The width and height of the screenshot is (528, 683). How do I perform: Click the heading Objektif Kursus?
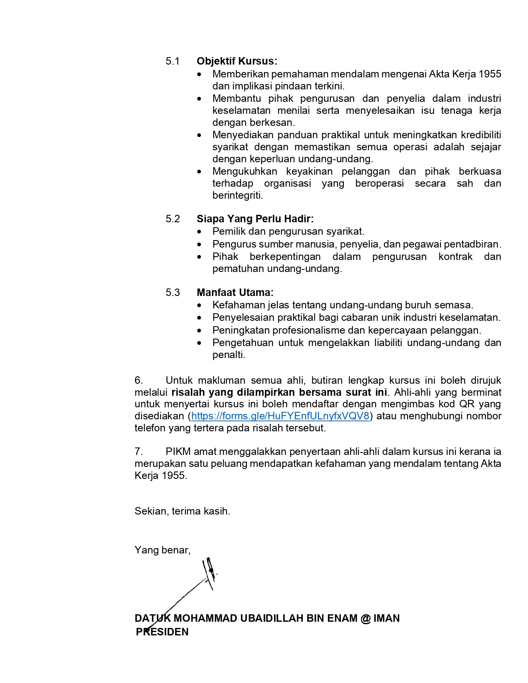[237, 61]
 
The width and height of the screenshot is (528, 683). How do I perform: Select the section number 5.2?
[173, 219]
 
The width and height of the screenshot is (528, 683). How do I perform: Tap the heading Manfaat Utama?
[235, 293]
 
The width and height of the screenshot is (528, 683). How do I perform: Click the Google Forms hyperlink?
[280, 416]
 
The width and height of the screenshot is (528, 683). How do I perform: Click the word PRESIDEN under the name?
[162, 632]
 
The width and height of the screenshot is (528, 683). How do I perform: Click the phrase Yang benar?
[162, 550]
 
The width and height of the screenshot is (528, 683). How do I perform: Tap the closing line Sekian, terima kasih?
[182, 511]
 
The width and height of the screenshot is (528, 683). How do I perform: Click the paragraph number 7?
[139, 452]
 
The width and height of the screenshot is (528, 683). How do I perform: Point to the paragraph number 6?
[139, 380]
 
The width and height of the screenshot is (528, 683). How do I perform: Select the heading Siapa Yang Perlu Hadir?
[255, 219]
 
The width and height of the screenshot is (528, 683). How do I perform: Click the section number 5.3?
[173, 293]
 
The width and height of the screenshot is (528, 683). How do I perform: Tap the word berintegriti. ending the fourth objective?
[238, 195]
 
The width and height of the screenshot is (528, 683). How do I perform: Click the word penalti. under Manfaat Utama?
[229, 355]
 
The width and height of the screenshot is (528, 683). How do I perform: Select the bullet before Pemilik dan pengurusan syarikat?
[200, 232]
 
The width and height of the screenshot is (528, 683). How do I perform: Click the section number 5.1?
[173, 61]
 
